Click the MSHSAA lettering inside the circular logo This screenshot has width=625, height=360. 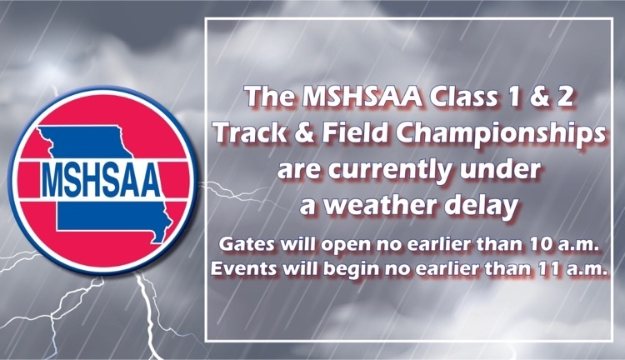(101, 180)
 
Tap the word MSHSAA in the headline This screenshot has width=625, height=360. (362, 97)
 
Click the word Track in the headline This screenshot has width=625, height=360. (251, 132)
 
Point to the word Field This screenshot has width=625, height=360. (355, 132)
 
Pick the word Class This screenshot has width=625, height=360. (462, 97)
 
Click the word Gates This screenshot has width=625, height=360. (247, 243)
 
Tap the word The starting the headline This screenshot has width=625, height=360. (270, 97)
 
